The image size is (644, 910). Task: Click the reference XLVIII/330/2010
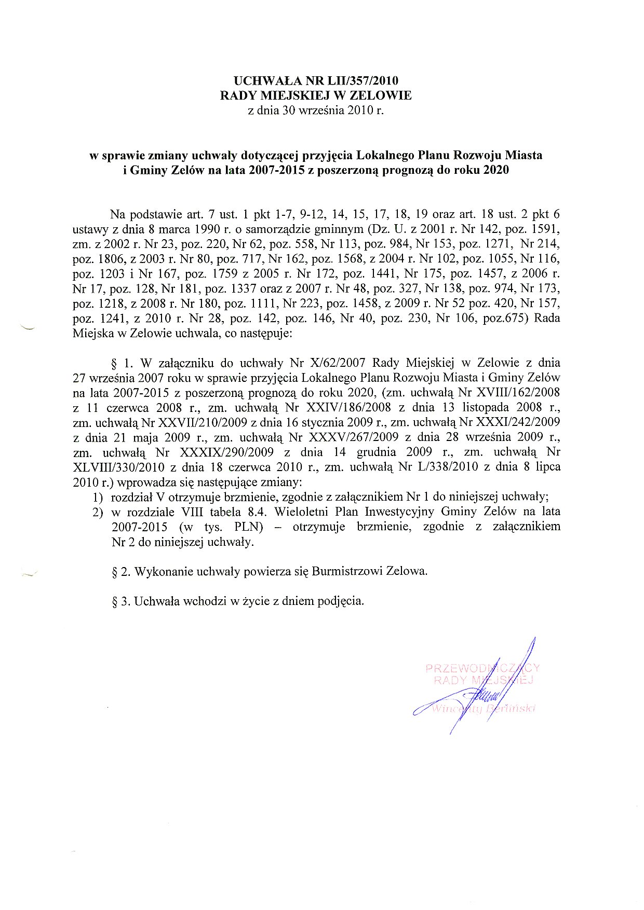[x=120, y=467]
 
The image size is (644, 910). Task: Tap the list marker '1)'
[x=98, y=497]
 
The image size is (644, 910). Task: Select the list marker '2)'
[x=98, y=512]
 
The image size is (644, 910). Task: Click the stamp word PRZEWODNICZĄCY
[x=482, y=668]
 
